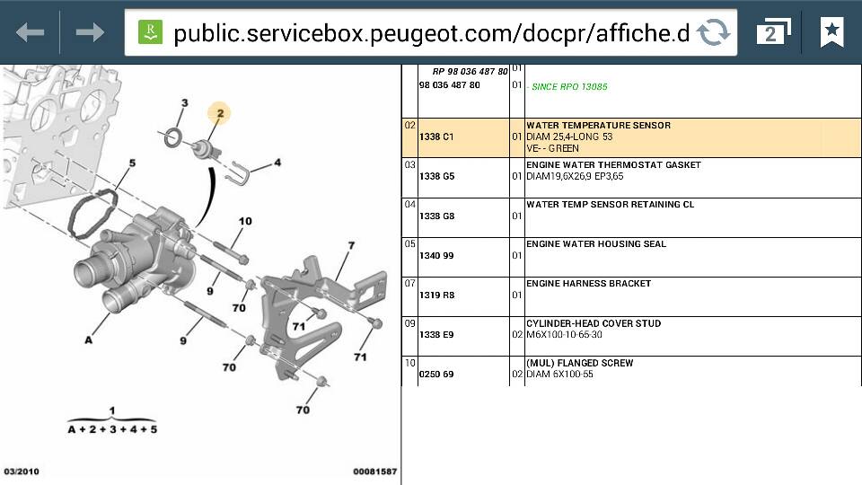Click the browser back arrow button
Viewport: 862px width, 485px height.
[30, 32]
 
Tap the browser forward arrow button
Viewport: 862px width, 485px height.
[90, 32]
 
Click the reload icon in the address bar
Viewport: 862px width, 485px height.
[713, 32]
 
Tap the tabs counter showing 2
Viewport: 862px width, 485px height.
[773, 32]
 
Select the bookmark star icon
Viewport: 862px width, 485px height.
[831, 32]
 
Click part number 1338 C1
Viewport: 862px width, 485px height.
[436, 137]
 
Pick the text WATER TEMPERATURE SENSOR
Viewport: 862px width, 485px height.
[598, 126]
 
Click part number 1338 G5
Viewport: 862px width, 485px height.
[436, 177]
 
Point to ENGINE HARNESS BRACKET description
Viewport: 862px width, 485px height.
[588, 284]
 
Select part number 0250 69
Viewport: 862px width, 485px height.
[436, 375]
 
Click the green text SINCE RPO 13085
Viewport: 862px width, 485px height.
[569, 87]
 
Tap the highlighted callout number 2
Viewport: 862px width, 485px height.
[219, 113]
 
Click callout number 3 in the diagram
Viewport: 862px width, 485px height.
[185, 102]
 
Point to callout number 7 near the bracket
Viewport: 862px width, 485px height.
[351, 245]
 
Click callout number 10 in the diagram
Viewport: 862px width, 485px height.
[245, 221]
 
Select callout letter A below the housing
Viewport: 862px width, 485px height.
[89, 340]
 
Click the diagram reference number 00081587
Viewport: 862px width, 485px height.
[375, 472]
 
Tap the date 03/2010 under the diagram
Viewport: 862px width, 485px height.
[22, 472]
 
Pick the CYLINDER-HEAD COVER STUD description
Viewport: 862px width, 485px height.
[594, 323]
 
